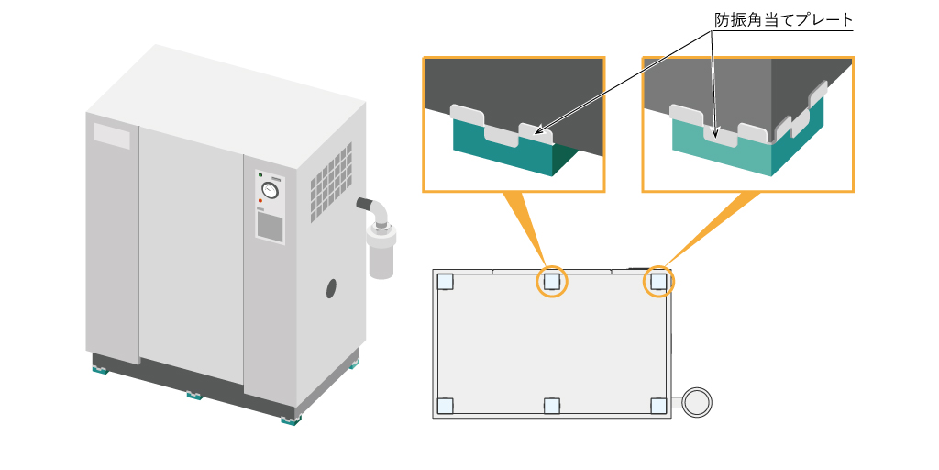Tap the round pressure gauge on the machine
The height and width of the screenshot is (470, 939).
pos(270,191)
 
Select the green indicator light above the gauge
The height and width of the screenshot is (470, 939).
pos(260,174)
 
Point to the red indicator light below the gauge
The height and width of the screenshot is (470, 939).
pos(260,200)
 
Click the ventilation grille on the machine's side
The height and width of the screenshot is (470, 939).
pos(331,184)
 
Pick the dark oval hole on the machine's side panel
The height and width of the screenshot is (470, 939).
pos(332,288)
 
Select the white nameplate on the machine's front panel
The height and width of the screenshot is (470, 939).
pos(112,136)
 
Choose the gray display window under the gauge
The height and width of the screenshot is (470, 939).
pos(270,226)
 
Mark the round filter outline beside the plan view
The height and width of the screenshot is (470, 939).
pos(697,401)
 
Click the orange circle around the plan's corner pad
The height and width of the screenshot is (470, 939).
pos(658,282)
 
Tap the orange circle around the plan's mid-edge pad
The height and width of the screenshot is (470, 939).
pos(551,282)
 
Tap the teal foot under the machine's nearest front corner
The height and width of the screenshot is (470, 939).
pos(291,420)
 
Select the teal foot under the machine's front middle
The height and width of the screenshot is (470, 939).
pos(194,396)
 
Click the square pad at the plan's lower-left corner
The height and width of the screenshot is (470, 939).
pos(445,405)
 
